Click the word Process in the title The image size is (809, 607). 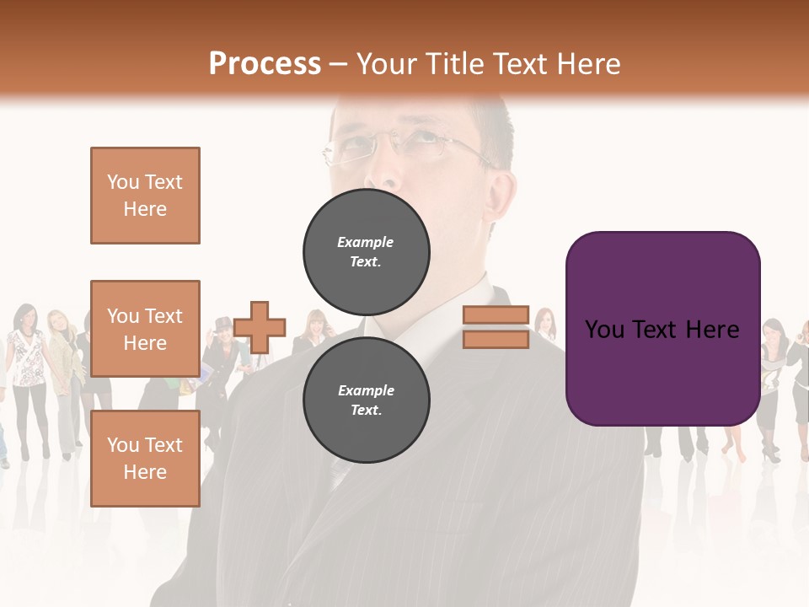click(265, 64)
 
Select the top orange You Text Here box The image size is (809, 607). click(145, 196)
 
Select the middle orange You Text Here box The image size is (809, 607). click(145, 329)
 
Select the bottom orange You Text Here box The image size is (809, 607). click(145, 458)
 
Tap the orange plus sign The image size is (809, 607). click(260, 327)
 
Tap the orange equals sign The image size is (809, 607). click(496, 327)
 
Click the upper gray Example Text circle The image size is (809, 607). click(366, 251)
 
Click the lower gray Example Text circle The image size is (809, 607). click(366, 400)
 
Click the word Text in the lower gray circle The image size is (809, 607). click(366, 411)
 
